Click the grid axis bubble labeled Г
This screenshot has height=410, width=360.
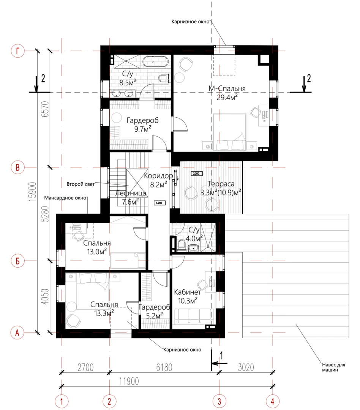pos(17,51)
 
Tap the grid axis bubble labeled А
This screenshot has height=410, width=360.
pos(17,333)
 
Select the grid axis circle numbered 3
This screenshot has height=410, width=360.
pos(219,401)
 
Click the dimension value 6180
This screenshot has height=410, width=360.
pos(164,367)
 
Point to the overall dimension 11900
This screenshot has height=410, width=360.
pos(129,381)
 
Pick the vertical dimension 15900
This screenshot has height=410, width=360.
pos(33,192)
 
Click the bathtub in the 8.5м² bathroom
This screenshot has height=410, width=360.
pos(156,62)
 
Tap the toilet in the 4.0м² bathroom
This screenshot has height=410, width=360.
pos(182,245)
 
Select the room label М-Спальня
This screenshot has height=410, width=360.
pos(227,88)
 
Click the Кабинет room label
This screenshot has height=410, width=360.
pos(187,292)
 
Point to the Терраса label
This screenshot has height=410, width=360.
pos(221,184)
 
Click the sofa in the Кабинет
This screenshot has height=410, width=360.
pos(194,316)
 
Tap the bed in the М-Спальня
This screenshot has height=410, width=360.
pos(230,132)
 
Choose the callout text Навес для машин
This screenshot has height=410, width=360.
pos(333,367)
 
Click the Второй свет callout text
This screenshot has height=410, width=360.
pos(81,184)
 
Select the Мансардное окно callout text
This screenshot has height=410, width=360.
pos(65,198)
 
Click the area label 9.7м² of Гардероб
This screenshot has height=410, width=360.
pos(142,129)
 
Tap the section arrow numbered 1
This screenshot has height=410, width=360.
pos(219,363)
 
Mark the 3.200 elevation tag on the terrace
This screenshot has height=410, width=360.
pos(196,173)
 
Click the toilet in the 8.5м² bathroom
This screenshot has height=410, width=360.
pos(164,78)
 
